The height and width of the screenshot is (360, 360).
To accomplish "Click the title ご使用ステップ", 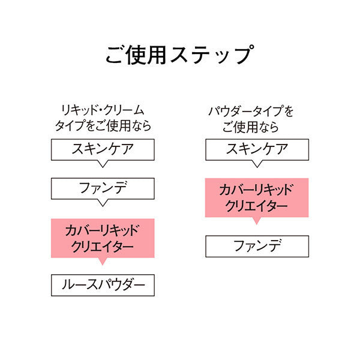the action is pyautogui.click(x=180, y=55).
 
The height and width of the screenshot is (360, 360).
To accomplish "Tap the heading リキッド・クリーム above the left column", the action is pyautogui.click(x=103, y=110).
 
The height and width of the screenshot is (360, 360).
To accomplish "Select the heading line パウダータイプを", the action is pyautogui.click(x=251, y=112).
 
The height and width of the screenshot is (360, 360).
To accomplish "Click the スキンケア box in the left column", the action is pyautogui.click(x=103, y=149).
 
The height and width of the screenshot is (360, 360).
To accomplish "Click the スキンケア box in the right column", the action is pyautogui.click(x=257, y=149).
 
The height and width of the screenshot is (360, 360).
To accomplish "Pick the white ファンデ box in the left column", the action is pyautogui.click(x=103, y=188).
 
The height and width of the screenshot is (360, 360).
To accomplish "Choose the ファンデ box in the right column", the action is pyautogui.click(x=257, y=246).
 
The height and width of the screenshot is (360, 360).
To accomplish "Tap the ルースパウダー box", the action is pyautogui.click(x=103, y=285).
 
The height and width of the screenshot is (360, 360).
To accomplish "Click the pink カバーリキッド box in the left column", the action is pyautogui.click(x=103, y=238).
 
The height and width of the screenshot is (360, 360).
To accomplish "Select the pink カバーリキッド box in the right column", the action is pyautogui.click(x=257, y=197).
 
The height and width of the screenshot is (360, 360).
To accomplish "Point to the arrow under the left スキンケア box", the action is pyautogui.click(x=103, y=164).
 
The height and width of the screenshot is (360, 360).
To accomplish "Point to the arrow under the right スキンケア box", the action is pyautogui.click(x=257, y=164).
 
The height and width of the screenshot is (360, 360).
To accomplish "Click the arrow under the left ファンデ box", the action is pyautogui.click(x=103, y=203).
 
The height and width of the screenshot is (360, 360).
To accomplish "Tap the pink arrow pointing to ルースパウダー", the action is pyautogui.click(x=103, y=261).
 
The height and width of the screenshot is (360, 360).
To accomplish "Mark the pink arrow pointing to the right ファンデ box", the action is pyautogui.click(x=257, y=221).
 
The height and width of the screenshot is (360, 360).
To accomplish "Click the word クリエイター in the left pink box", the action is pyautogui.click(x=103, y=247).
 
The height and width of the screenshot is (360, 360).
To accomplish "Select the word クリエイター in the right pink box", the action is pyautogui.click(x=256, y=206).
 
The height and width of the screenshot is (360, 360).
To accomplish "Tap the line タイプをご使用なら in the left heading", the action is pyautogui.click(x=103, y=125).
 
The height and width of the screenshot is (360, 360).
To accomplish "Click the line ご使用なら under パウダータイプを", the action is pyautogui.click(x=250, y=127).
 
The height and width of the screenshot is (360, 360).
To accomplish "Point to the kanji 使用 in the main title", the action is pyautogui.click(x=146, y=55).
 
